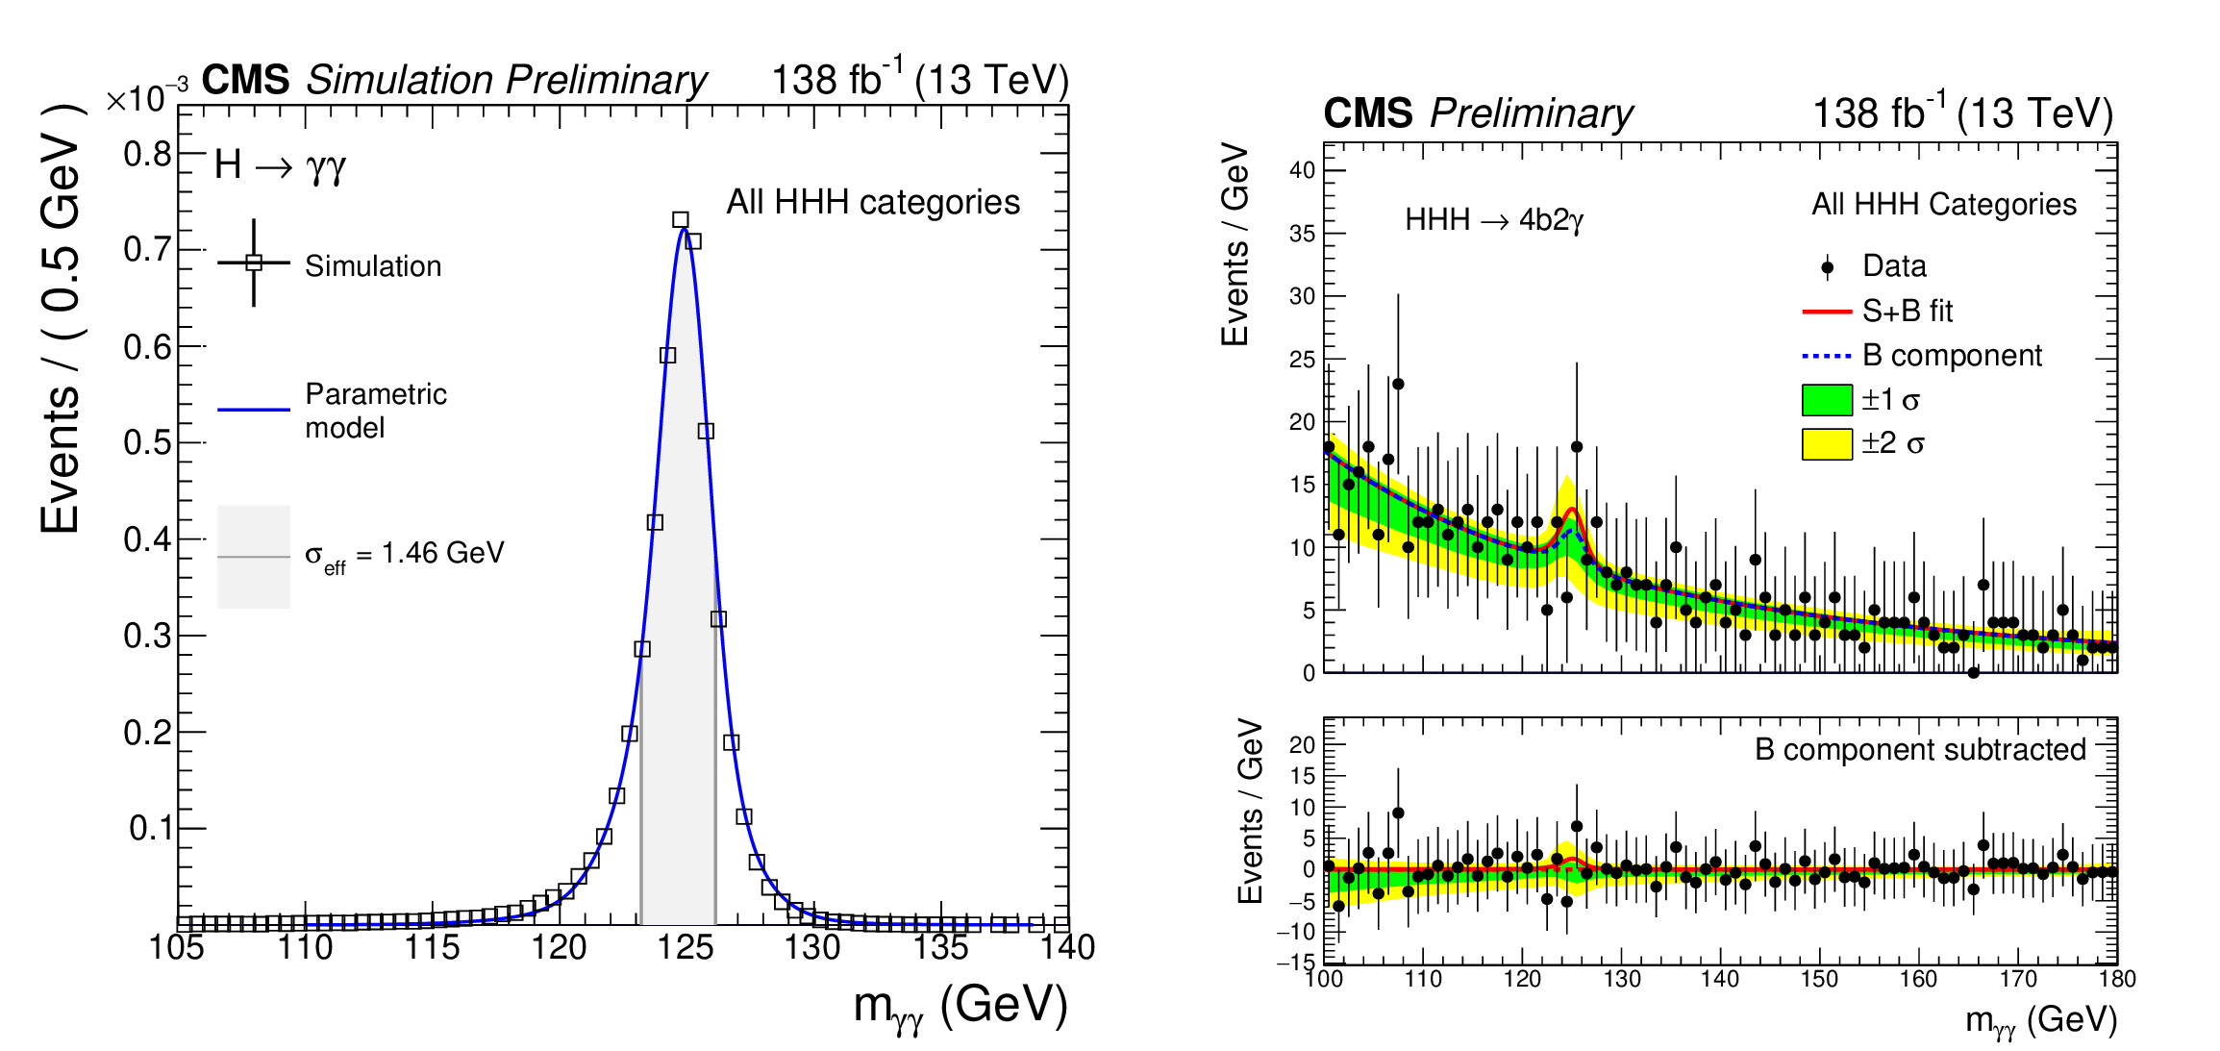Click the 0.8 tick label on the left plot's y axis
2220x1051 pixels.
click(x=146, y=154)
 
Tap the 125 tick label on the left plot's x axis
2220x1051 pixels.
click(x=686, y=948)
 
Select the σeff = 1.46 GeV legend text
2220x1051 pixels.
click(x=404, y=554)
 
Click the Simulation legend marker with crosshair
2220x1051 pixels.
click(x=254, y=263)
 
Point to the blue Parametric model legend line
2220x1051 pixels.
click(x=254, y=410)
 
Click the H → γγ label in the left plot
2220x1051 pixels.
click(x=280, y=165)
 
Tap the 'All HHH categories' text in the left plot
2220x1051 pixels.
click(x=873, y=202)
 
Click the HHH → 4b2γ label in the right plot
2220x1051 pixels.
click(x=1493, y=220)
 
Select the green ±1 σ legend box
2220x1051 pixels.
click(x=1827, y=400)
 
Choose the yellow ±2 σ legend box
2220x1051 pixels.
click(x=1827, y=444)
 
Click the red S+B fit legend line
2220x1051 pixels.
click(x=1827, y=312)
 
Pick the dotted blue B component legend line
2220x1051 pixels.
click(x=1827, y=356)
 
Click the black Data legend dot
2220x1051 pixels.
click(x=1828, y=267)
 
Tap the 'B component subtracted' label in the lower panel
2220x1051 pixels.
click(x=1920, y=749)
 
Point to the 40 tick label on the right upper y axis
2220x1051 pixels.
click(x=1303, y=170)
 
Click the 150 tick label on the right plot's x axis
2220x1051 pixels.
click(x=1819, y=980)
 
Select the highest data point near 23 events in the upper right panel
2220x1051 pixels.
click(x=1398, y=385)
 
